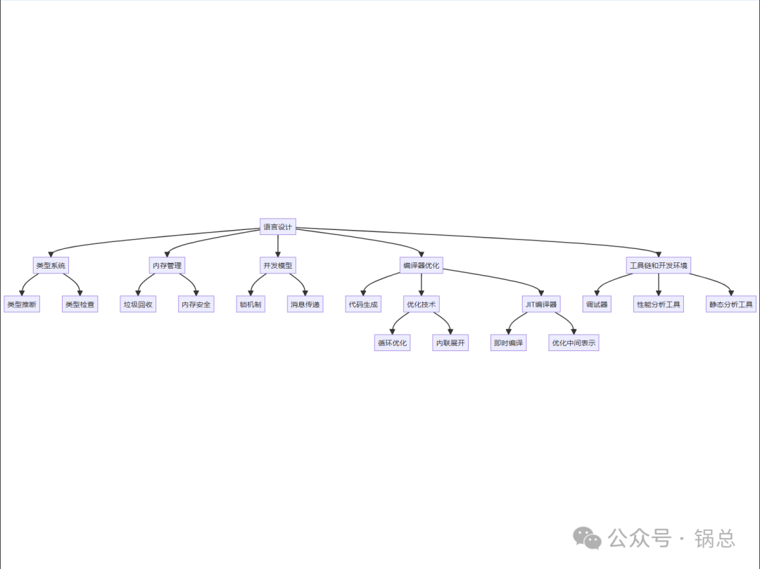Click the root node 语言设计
click(x=277, y=226)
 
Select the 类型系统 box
click(x=51, y=265)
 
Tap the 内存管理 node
click(x=167, y=265)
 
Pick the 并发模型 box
click(x=277, y=265)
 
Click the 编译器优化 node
click(x=421, y=265)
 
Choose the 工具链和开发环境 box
click(x=658, y=265)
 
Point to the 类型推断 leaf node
click(x=22, y=305)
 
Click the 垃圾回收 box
click(x=138, y=305)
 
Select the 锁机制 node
click(x=251, y=305)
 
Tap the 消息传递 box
click(x=305, y=305)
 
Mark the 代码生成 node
click(x=363, y=305)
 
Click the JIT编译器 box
click(x=540, y=305)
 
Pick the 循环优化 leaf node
click(x=392, y=343)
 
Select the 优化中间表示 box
click(x=574, y=343)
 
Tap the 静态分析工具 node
click(x=731, y=305)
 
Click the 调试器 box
click(x=597, y=305)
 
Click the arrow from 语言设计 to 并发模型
click(x=277, y=245)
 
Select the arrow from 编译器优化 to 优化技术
click(x=421, y=285)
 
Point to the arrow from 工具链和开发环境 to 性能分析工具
click(x=658, y=285)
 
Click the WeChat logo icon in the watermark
click(x=587, y=538)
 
